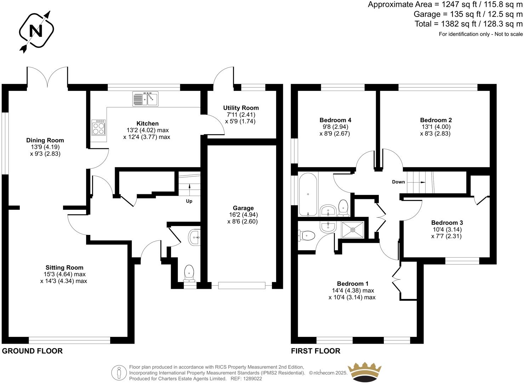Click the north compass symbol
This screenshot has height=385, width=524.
(36, 31)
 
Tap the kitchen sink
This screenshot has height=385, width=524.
(146, 99)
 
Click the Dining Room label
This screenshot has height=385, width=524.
(45, 140)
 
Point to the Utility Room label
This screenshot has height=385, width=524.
(241, 108)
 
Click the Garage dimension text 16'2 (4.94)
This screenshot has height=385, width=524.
(243, 215)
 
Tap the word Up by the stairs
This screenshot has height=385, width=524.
(189, 201)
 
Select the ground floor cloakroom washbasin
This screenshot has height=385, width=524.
(194, 237)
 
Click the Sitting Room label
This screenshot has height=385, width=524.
(64, 268)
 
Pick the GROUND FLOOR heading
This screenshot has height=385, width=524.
(32, 351)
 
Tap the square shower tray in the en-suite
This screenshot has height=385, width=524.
(353, 230)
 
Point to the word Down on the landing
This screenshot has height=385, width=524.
(398, 182)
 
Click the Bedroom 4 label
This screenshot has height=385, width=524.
(335, 120)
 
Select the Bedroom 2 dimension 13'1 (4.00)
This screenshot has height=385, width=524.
(436, 127)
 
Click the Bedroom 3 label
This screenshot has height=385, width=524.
(447, 223)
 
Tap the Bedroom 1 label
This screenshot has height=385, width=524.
(352, 283)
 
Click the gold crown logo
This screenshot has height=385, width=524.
(365, 372)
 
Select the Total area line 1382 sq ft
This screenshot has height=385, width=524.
(468, 24)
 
